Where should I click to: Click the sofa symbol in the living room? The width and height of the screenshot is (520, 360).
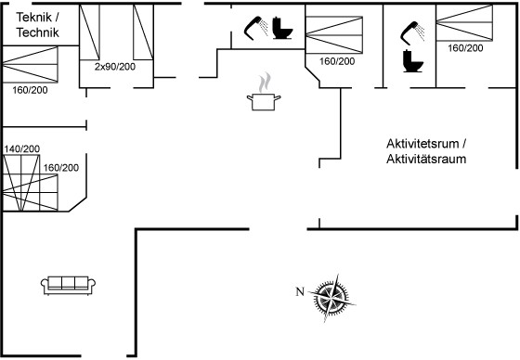coord(69,286)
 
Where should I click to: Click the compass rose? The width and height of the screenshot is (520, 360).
coord(331,298)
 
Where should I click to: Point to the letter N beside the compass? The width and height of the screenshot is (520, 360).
coord(300,291)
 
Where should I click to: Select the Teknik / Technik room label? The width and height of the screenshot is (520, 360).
coord(37,25)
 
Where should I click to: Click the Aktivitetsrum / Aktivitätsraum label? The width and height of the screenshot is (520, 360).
coord(426,151)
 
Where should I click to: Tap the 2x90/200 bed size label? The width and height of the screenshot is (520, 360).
coord(115,67)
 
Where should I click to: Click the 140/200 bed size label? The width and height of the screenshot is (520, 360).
coord(22,148)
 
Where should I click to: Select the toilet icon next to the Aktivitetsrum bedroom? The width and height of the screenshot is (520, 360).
coord(412,61)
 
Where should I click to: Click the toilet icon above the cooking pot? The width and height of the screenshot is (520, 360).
coord(282,28)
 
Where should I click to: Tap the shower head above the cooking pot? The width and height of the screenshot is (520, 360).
coord(256,28)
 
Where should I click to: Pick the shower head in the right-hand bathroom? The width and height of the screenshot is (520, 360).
coord(412,32)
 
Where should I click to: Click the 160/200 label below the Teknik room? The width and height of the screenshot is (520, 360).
coord(30,90)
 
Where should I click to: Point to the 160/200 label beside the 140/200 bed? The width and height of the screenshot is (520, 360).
coord(61,168)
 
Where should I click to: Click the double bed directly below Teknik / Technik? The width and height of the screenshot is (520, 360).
coord(30,64)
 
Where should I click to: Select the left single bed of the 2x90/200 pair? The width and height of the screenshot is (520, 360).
coord(89,32)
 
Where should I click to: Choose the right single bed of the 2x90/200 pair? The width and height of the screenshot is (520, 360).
coord(143,32)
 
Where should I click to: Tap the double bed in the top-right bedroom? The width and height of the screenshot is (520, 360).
coord(464,22)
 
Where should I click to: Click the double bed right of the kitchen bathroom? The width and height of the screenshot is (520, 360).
coord(334,34)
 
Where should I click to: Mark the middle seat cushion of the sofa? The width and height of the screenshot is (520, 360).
coord(69,283)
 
